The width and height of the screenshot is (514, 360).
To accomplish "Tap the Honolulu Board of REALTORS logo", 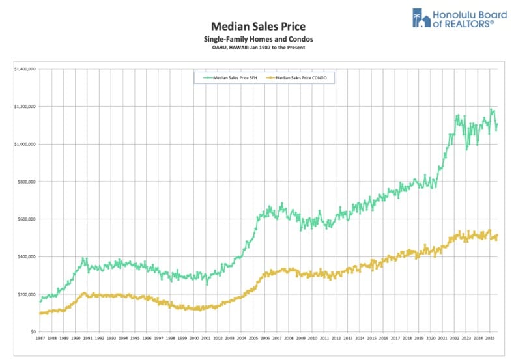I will click(x=453, y=18).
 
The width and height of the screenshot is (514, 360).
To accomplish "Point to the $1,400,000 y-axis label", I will click(x=25, y=68).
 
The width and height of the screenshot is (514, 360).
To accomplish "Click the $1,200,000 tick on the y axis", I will click(x=25, y=106).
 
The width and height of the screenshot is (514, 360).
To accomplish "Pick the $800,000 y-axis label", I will click(x=27, y=182).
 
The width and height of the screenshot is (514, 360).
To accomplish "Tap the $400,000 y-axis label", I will click(x=27, y=256).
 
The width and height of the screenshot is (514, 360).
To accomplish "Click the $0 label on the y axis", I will click(x=33, y=332).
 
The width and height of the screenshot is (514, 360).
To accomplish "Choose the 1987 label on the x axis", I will click(x=40, y=339).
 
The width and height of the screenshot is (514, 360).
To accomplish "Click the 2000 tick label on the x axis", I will click(x=194, y=339).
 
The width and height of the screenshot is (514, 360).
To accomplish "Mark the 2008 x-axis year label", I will click(x=289, y=339).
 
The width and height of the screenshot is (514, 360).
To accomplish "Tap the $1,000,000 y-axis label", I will click(x=25, y=144).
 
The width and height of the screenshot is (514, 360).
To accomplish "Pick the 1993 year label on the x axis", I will click(x=111, y=339).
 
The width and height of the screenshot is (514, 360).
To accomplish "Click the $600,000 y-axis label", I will click(x=27, y=219).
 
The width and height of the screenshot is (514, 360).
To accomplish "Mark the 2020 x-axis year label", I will click(x=430, y=339).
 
